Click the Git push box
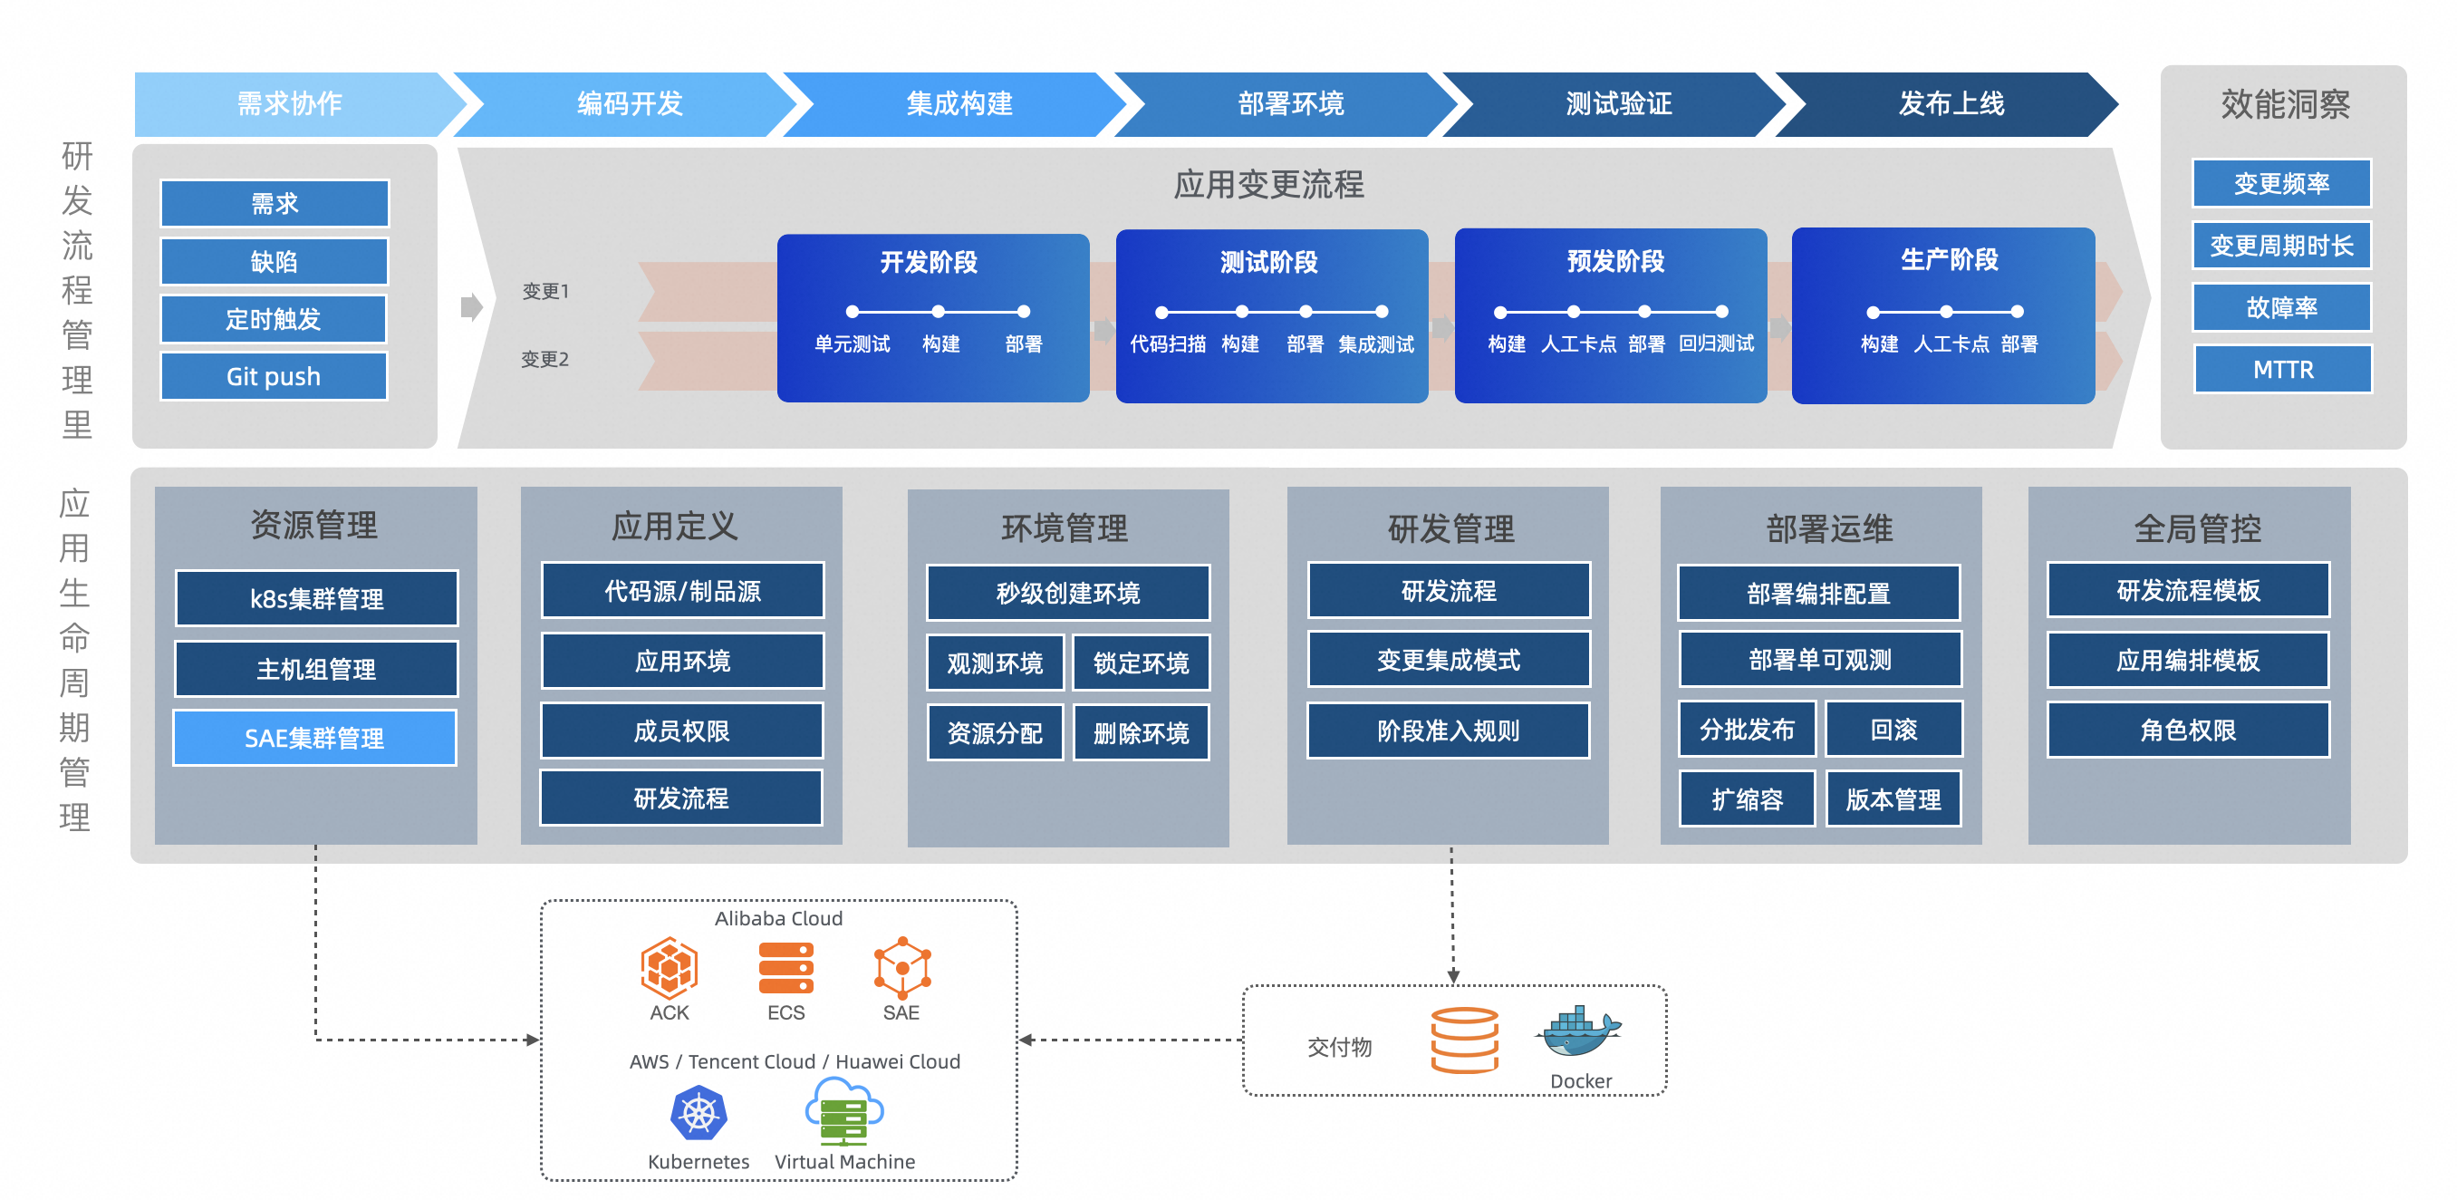274,377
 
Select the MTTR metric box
2282,369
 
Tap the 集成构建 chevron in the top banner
959,104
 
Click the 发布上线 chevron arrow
1951,104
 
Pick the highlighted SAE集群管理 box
314,738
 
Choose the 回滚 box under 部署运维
1893,730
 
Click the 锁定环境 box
1141,663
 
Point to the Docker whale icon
1577,1033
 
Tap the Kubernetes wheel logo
699,1113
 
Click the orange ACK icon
669,967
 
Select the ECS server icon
786,967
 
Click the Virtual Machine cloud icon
844,1111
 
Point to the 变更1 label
545,291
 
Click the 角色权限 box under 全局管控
2188,730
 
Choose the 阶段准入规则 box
1448,731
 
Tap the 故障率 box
2281,307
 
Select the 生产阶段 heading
1949,259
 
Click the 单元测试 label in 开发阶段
852,344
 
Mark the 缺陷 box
274,261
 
